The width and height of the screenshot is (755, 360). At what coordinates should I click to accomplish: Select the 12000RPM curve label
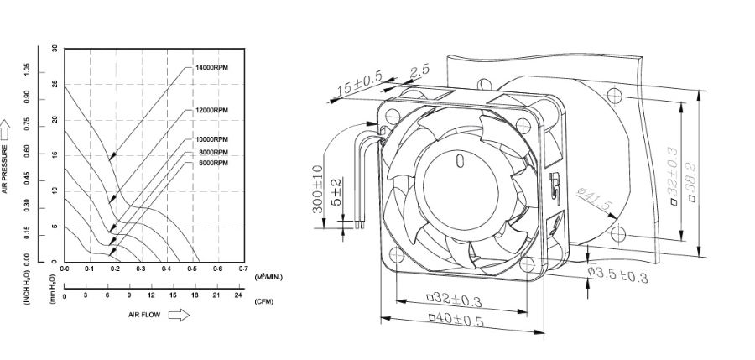[x=211, y=110]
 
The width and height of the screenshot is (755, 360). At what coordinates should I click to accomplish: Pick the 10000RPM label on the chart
[x=211, y=138]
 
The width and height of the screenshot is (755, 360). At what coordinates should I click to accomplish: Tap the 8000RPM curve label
[x=211, y=152]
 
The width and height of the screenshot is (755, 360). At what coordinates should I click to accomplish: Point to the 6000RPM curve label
[x=211, y=163]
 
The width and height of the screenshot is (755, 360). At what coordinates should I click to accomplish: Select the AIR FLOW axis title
[x=143, y=315]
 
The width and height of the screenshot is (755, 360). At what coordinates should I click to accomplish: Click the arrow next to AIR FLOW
[x=179, y=315]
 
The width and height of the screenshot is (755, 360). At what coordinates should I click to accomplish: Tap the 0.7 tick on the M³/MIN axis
[x=243, y=269]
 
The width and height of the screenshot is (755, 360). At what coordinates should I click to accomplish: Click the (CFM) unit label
[x=263, y=300]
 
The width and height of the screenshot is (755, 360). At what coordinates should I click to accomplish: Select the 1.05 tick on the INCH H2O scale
[x=27, y=67]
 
